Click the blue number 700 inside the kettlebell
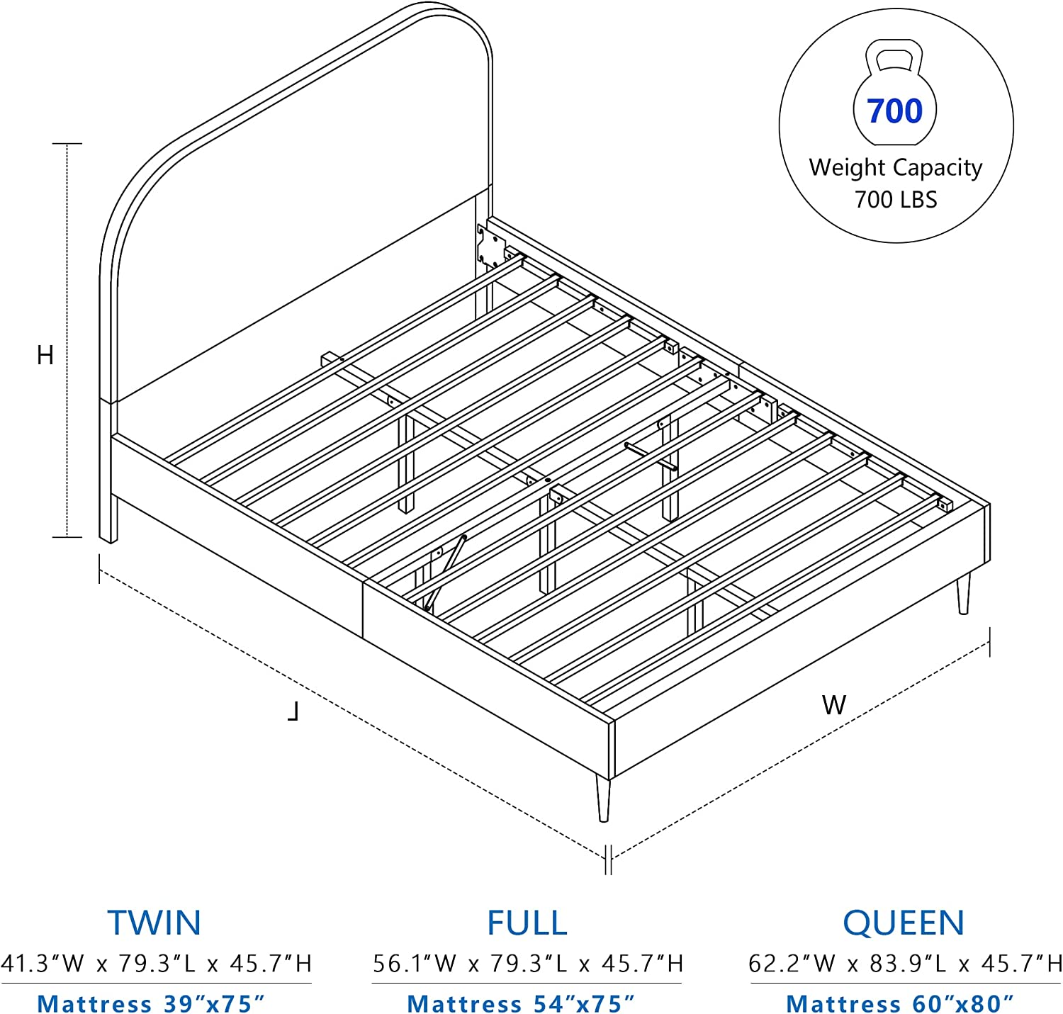[894, 111]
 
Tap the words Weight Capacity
[896, 167]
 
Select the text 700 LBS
[896, 200]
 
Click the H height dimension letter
[45, 355]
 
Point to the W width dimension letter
[834, 705]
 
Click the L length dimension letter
[293, 711]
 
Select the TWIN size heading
[154, 923]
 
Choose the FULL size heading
[527, 923]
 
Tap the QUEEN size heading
[904, 923]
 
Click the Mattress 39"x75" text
[151, 1003]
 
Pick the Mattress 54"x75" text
[521, 1003]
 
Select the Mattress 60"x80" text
[900, 1003]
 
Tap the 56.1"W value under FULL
[415, 964]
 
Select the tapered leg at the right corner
[963, 594]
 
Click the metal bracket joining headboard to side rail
[490, 247]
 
